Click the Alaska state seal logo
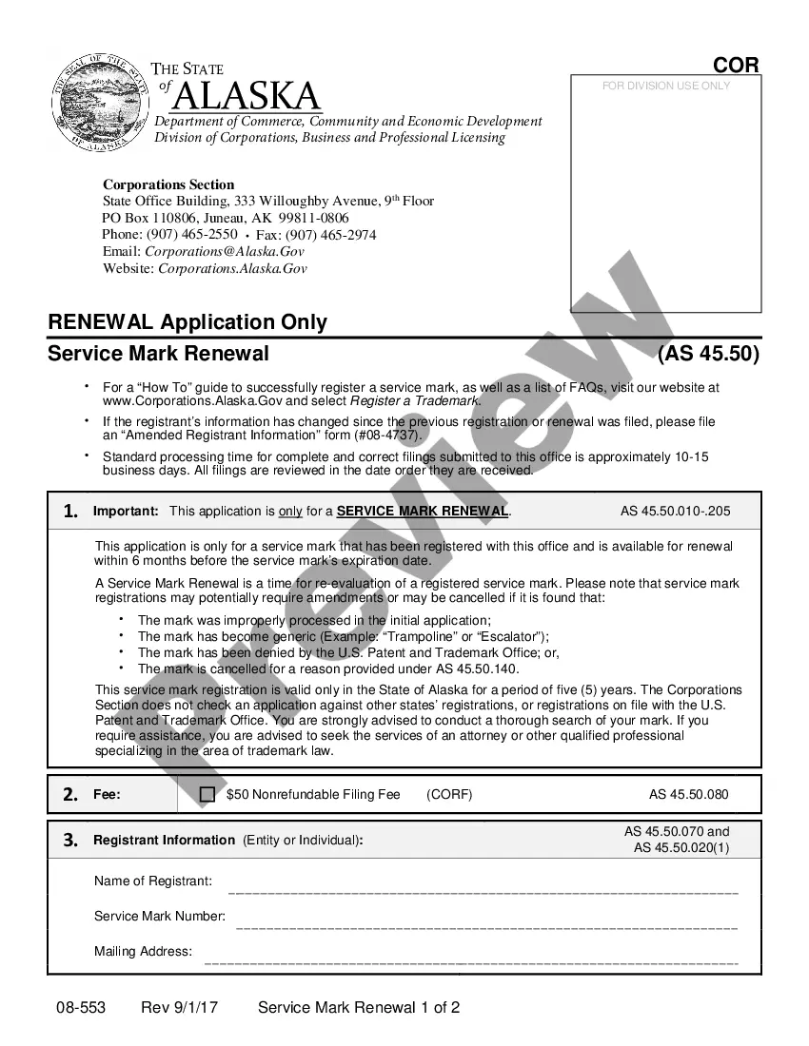96,104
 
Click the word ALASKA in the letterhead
248,96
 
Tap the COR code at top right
736,65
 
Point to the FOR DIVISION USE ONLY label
666,86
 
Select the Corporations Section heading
168,184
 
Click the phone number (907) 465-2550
191,234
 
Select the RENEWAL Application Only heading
187,321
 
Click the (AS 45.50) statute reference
708,354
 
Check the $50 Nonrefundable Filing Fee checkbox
207,795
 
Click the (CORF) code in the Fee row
449,795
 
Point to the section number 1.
70,512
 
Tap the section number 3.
70,841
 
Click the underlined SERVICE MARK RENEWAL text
423,512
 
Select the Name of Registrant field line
483,892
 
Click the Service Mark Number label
160,917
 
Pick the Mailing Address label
143,952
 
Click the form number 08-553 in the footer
81,1007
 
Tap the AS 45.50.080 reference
688,795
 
